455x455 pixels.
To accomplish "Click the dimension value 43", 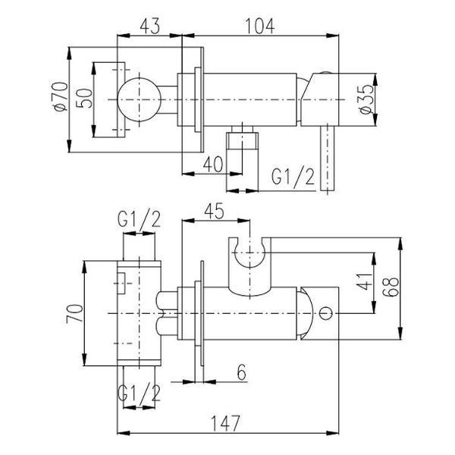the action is pos(149,26).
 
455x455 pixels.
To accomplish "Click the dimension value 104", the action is pos(259,26).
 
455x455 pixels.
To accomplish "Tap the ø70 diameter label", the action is pos(61,96).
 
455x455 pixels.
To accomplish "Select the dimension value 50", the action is pos(84,99).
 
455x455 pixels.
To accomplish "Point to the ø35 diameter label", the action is pos(366,99).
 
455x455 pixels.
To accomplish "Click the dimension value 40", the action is pos(213,164).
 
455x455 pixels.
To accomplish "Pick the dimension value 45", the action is pos(214,211).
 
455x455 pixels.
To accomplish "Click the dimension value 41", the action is pos(365,281).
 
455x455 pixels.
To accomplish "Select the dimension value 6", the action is pos(241,372).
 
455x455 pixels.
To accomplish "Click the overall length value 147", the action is pos(225,423).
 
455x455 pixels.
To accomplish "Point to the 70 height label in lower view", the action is pos(74,313).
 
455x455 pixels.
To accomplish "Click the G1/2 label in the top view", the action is pos(293,177).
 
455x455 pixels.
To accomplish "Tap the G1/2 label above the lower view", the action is pos(139,219).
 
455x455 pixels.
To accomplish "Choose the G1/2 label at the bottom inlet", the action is pos(139,393).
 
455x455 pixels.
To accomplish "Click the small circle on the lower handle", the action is pos(326,313).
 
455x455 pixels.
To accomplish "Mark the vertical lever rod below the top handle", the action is pos(328,158).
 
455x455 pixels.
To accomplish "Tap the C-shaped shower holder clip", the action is pos(249,267).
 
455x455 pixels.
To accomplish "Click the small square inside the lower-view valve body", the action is pos(121,283).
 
